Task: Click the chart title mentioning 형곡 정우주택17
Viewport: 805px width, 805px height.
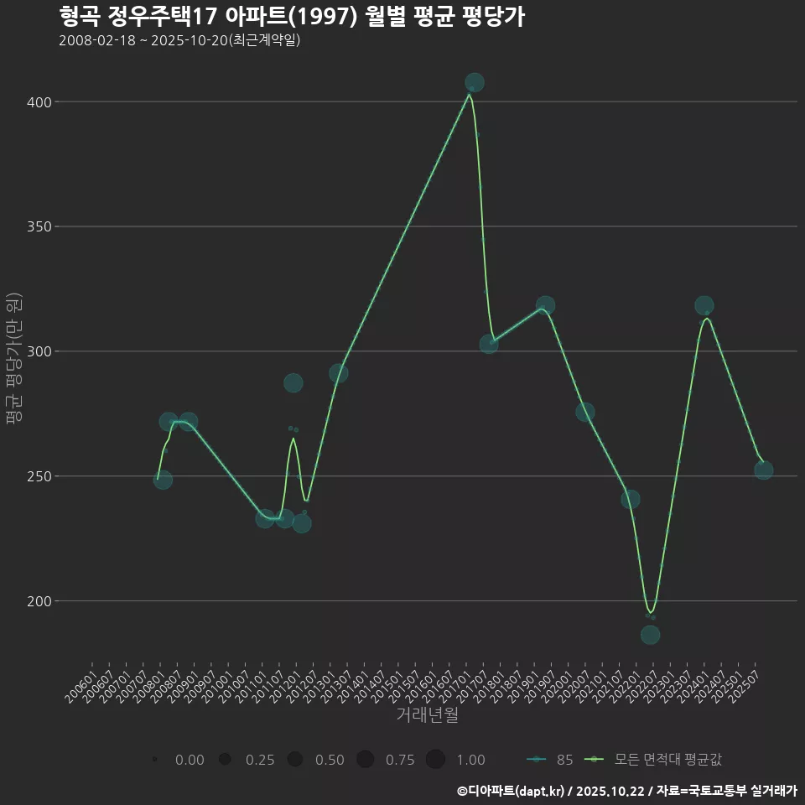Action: point(292,17)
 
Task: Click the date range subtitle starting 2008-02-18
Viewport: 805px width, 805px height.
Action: point(179,41)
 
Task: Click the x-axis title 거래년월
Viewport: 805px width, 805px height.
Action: point(427,715)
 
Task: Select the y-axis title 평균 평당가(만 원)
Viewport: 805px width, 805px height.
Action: point(13,361)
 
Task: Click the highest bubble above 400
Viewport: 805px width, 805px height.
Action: point(474,82)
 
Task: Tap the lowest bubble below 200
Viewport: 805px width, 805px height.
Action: point(650,635)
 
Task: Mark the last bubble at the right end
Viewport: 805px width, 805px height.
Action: point(763,470)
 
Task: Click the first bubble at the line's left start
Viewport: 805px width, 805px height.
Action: point(163,480)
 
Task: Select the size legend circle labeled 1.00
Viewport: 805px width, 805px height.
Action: point(435,760)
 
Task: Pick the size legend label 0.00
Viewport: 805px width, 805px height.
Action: point(190,760)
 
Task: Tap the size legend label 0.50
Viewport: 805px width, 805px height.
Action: point(330,760)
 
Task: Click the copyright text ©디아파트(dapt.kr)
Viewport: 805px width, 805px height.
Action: point(512,791)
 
